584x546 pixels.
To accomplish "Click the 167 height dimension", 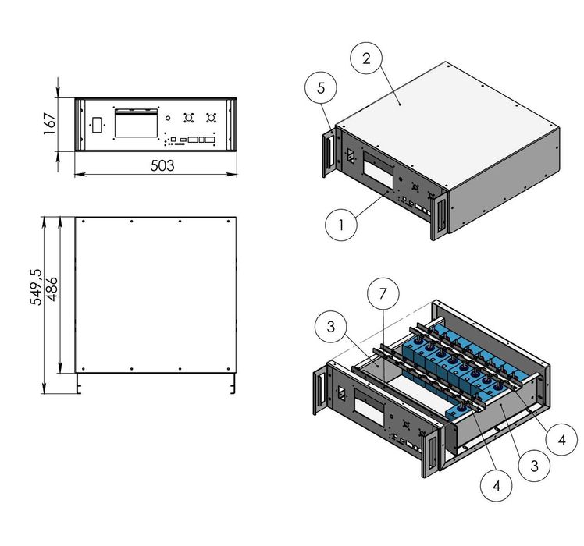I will [48, 123].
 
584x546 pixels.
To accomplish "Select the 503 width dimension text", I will [162, 165].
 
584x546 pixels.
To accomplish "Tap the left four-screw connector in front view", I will [188, 119].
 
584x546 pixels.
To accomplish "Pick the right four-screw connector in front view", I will [210, 119].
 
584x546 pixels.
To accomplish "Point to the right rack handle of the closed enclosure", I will [439, 212].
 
